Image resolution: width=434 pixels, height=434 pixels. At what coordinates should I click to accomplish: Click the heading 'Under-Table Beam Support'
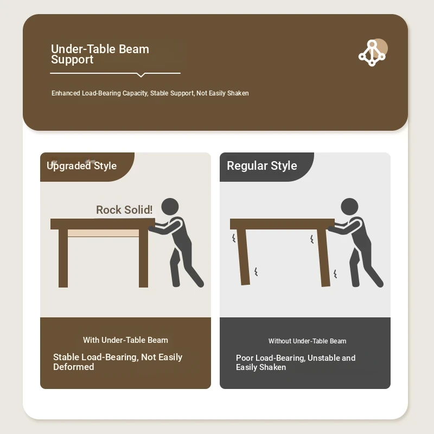[100, 54]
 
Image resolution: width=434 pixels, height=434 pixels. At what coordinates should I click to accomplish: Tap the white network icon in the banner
[372, 53]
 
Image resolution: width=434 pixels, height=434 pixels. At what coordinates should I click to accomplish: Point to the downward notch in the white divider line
[141, 75]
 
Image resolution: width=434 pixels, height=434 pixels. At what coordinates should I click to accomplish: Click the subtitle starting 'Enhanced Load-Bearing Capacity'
[150, 93]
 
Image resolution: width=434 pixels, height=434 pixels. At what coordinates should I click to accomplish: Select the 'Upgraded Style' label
[82, 165]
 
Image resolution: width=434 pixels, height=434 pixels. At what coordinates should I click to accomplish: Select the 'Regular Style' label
[262, 165]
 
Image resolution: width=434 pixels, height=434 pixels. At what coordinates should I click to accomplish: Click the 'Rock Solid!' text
[124, 210]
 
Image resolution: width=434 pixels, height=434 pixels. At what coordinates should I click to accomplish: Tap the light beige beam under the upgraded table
[103, 233]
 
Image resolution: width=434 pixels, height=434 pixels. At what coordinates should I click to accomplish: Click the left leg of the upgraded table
[63, 258]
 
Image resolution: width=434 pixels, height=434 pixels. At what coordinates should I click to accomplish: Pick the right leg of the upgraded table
[143, 258]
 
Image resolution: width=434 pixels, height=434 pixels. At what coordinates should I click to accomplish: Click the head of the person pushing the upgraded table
[170, 207]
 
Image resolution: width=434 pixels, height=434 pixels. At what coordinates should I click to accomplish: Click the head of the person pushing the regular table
[349, 207]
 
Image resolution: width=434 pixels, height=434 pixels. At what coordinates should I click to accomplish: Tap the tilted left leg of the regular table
[244, 257]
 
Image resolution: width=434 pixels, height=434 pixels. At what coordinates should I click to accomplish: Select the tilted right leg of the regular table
[323, 258]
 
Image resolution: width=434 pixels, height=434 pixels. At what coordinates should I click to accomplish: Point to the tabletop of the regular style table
[282, 224]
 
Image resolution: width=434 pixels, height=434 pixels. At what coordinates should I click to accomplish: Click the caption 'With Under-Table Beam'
[125, 340]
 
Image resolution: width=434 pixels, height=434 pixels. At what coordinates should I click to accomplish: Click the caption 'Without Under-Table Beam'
[307, 341]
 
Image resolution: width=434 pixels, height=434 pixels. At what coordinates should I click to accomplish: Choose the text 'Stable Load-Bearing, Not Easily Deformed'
[118, 362]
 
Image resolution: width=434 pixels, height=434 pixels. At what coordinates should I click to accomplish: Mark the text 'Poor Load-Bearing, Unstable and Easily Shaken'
[296, 362]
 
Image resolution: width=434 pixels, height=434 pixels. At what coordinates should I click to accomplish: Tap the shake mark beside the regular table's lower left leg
[256, 272]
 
